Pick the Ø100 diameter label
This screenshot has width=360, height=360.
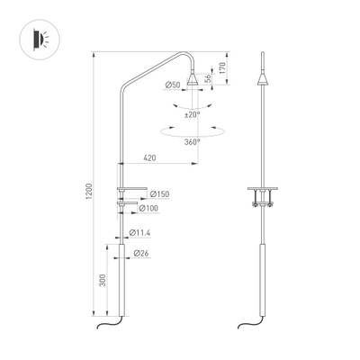coord(158,209)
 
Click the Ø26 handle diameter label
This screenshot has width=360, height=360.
coord(141,254)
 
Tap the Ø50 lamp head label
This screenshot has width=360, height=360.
coord(173,84)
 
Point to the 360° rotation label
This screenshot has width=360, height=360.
coord(192,141)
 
